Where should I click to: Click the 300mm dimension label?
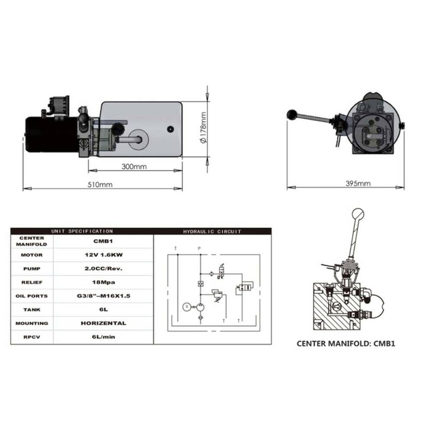click(134, 167)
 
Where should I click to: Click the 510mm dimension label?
click(100, 184)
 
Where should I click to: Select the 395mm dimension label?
click(358, 183)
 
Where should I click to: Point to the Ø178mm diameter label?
click(203, 128)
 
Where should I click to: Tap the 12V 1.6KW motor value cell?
click(103, 255)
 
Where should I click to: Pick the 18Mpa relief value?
click(103, 282)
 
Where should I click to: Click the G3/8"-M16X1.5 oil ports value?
click(103, 296)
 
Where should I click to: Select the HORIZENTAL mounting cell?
click(103, 323)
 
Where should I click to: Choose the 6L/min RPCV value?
click(103, 337)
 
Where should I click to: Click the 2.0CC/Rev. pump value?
click(103, 268)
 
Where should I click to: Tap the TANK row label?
click(32, 310)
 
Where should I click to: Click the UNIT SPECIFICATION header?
click(82, 231)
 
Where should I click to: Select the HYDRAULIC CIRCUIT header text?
click(212, 231)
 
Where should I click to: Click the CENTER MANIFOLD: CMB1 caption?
click(346, 343)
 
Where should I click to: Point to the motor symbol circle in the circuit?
click(187, 307)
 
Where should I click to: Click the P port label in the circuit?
click(199, 249)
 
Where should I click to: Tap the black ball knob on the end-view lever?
click(291, 114)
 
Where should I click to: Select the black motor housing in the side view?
click(52, 135)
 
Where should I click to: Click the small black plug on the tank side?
click(170, 129)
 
